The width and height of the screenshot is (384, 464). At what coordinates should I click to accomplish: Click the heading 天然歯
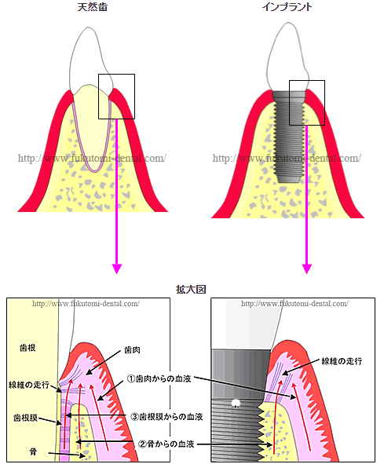[93, 7]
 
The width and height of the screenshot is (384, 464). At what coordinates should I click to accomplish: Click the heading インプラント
[287, 7]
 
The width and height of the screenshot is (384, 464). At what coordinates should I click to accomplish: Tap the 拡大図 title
[191, 289]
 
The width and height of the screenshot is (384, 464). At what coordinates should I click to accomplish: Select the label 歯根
[27, 348]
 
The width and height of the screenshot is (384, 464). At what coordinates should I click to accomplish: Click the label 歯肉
[132, 350]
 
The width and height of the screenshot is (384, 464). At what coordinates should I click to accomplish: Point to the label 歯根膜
[25, 418]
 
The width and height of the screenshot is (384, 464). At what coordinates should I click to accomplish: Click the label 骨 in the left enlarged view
[33, 451]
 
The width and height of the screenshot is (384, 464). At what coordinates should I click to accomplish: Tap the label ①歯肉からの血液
[159, 378]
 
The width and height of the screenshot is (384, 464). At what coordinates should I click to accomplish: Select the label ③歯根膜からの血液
[167, 417]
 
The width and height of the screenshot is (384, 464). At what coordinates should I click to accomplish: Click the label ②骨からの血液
[166, 444]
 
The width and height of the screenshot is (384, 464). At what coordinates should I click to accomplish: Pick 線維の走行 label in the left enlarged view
[29, 385]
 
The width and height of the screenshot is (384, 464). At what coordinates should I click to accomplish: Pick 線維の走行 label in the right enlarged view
[342, 361]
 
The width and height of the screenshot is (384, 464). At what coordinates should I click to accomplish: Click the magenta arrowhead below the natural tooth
[117, 269]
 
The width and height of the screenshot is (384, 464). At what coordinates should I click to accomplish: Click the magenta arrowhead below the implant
[307, 269]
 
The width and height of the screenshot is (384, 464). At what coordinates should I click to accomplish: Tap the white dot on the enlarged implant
[236, 403]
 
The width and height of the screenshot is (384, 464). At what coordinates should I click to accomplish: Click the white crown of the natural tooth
[89, 57]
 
